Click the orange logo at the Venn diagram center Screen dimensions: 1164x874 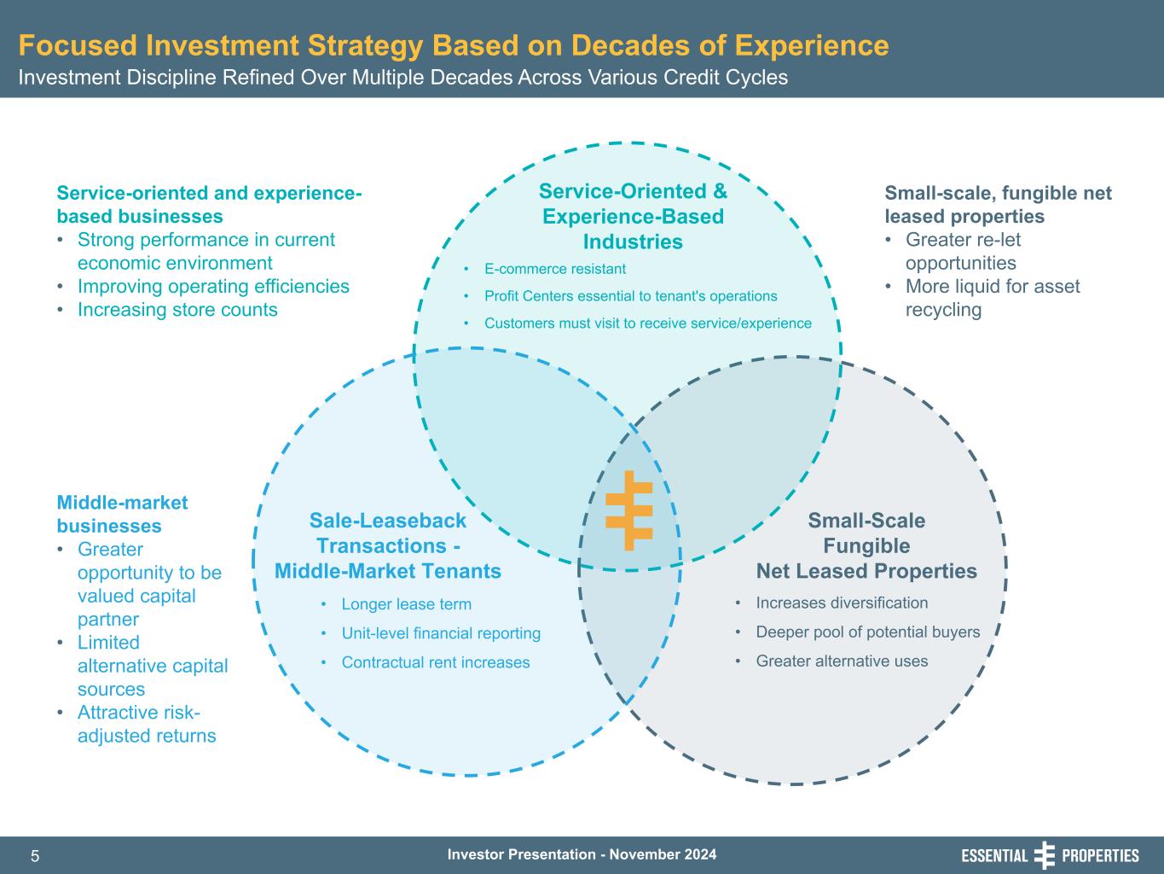(629, 510)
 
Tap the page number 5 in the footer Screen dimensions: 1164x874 (35, 856)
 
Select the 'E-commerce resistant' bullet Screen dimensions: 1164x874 (554, 269)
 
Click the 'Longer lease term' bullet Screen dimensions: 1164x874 (406, 604)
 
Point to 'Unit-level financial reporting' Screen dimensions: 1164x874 (441, 633)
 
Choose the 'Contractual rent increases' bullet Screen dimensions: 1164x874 (436, 662)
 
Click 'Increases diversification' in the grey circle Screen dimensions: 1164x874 (842, 603)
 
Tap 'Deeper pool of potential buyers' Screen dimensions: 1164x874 (867, 632)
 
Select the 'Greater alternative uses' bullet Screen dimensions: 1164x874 (842, 661)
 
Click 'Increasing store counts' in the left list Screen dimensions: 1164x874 (177, 309)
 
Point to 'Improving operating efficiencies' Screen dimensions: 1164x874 (213, 287)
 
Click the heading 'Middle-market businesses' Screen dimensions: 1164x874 (122, 514)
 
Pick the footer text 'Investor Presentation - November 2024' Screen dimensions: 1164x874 (582, 854)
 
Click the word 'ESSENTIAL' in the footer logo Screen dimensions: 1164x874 (994, 856)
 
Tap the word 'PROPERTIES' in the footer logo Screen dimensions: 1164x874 (1100, 856)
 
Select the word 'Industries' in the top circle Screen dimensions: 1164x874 (633, 242)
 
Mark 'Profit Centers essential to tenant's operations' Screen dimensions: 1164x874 (630, 296)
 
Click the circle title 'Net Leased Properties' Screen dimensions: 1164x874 (866, 571)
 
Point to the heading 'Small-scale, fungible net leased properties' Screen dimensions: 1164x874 (998, 205)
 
